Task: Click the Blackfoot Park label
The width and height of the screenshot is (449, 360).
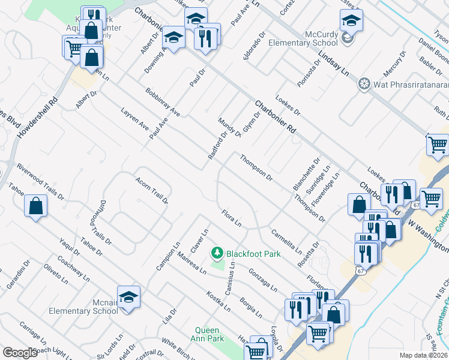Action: (253, 254)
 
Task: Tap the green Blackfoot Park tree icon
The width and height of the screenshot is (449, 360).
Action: (217, 254)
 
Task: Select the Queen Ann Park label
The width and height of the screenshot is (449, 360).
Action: (209, 335)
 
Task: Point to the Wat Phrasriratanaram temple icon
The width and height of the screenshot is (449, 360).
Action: (363, 83)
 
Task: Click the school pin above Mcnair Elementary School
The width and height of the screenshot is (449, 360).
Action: (128, 298)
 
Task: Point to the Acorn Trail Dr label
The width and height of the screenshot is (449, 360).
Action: (151, 190)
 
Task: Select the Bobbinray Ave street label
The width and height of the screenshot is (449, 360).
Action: (163, 102)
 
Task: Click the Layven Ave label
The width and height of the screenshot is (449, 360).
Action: (134, 120)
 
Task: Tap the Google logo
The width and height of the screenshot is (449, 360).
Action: (20, 353)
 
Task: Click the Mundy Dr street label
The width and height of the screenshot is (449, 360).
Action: (230, 127)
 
